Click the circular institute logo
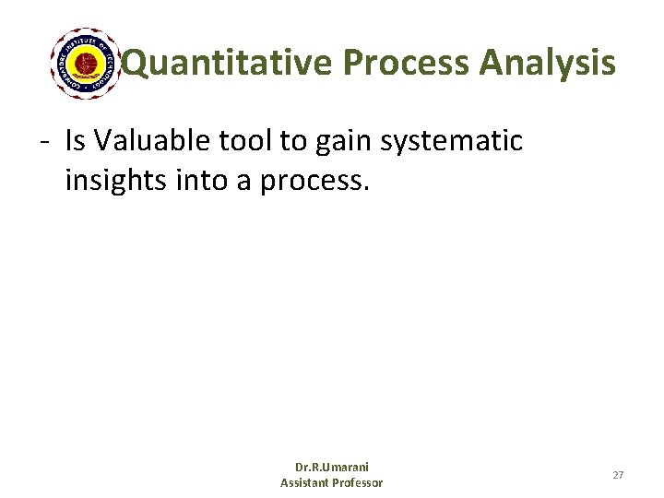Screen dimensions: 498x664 86,63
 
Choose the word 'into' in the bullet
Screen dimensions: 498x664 200,180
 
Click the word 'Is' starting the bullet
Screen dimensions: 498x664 75,141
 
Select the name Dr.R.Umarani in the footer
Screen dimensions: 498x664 331,468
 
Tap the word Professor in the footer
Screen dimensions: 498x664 360,482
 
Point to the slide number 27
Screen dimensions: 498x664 618,475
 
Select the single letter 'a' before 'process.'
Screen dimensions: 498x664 243,182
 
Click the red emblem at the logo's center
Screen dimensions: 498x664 86,63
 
